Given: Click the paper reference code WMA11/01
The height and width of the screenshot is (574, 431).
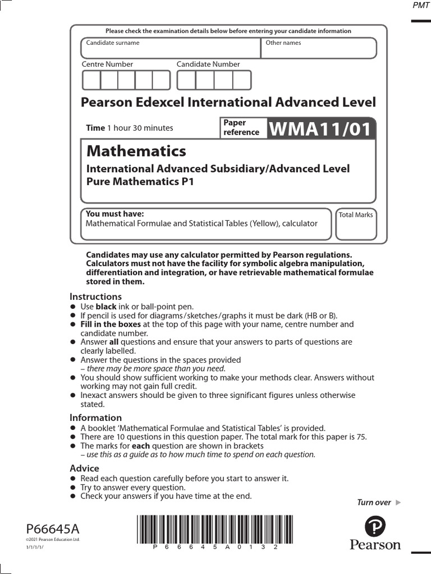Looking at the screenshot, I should [320, 129].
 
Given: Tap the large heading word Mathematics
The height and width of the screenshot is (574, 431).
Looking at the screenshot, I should [136, 151].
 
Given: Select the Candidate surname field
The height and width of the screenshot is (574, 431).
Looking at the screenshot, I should [171, 49].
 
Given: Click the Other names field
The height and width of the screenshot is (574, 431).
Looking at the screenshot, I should [319, 49].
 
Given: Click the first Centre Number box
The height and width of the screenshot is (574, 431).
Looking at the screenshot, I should [91, 80].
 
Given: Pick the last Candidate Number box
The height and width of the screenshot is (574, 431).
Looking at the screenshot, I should [242, 80].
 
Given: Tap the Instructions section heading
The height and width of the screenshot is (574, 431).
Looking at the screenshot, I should [95, 297].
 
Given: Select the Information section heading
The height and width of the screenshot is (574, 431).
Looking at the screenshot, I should [95, 418].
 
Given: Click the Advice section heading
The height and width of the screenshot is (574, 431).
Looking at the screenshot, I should [84, 468].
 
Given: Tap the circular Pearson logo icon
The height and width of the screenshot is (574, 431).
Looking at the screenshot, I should [375, 527].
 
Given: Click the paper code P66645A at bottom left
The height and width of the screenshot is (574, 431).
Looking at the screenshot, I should [53, 529].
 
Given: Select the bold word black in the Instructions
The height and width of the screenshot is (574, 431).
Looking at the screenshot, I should [106, 307].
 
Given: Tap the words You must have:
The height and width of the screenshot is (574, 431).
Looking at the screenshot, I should [114, 214].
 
